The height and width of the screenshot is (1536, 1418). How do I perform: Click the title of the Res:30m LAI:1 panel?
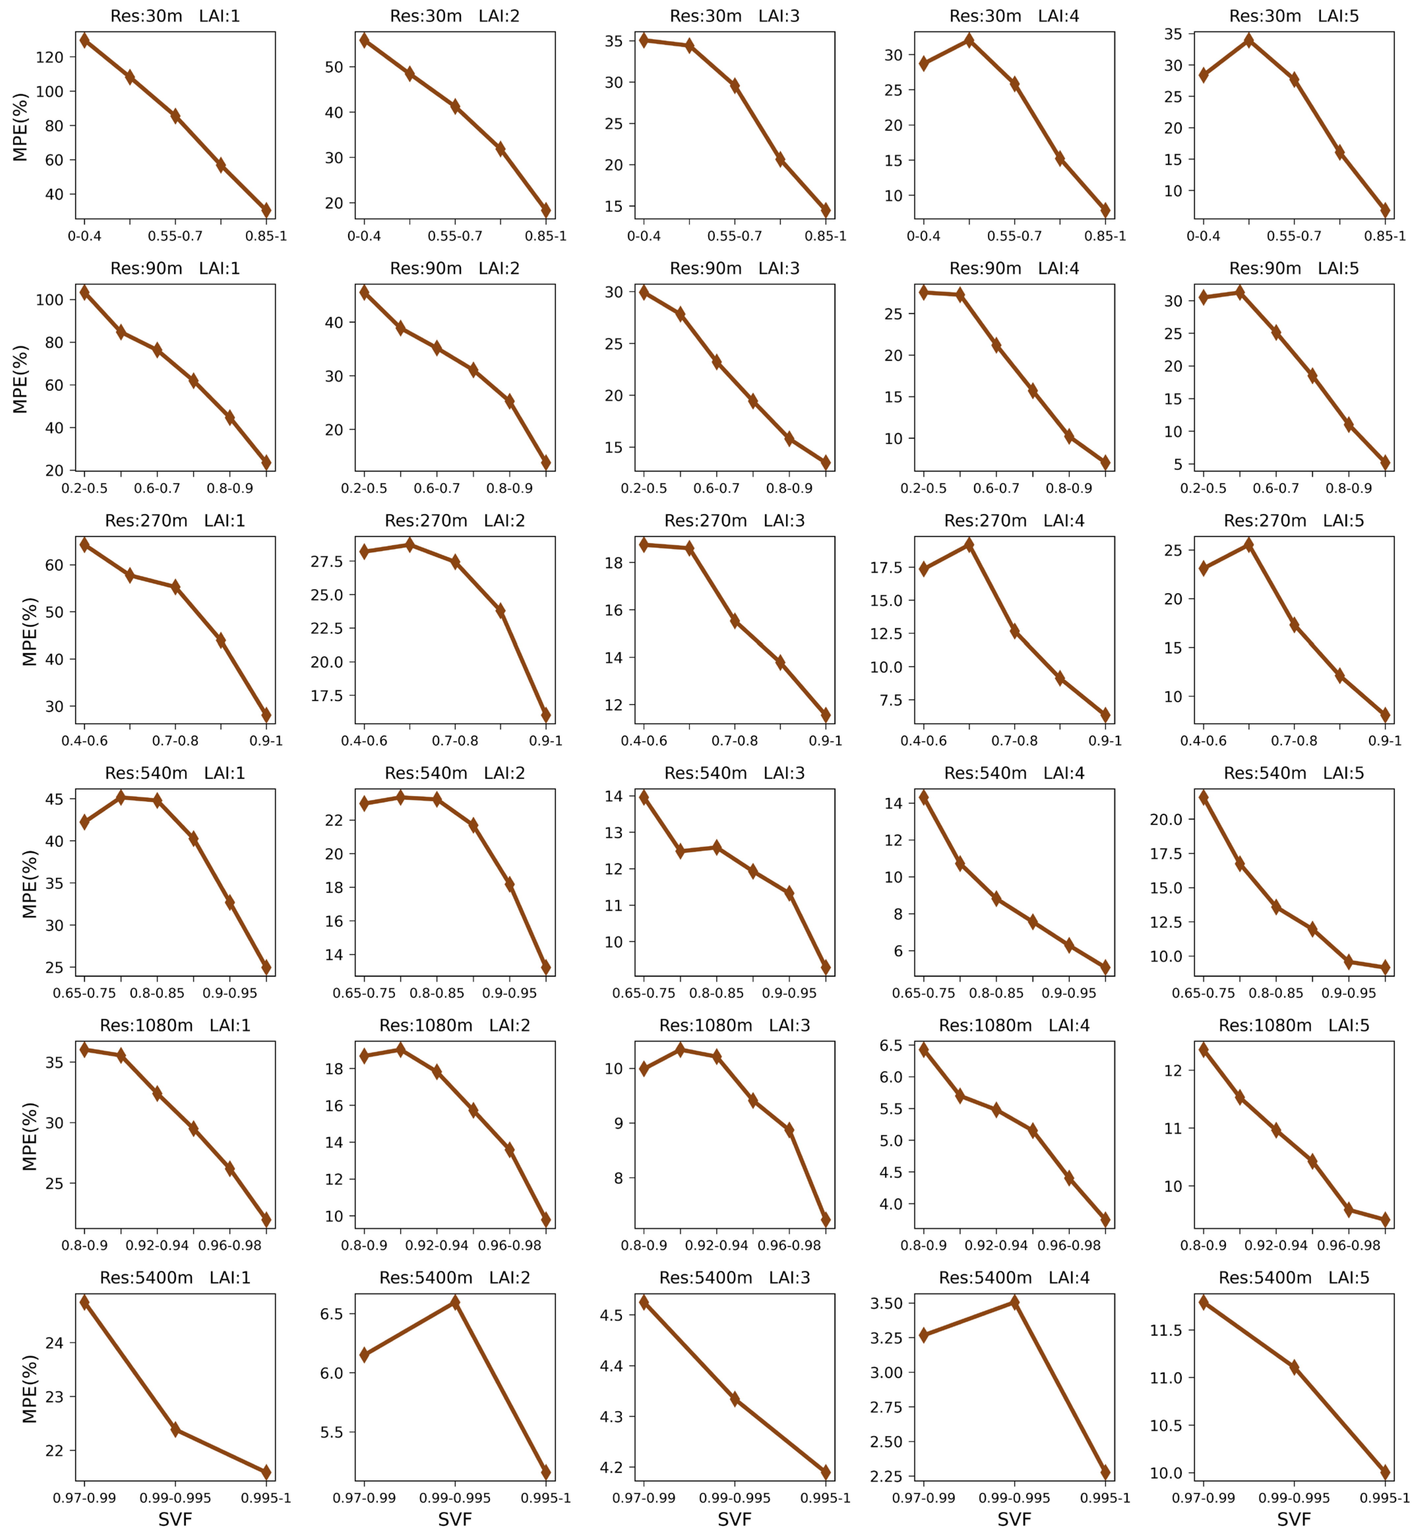[x=175, y=16]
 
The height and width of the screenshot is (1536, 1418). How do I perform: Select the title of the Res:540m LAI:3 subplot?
[x=734, y=773]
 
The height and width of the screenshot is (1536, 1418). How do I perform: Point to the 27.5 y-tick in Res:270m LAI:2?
[x=327, y=562]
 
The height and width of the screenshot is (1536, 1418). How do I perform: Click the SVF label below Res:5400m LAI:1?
[x=175, y=1519]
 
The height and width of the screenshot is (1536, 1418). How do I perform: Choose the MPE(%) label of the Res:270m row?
[x=29, y=631]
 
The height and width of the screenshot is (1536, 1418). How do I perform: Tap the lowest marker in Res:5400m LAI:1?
[x=266, y=1472]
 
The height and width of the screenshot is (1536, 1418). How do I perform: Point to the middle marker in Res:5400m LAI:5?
[x=1294, y=1367]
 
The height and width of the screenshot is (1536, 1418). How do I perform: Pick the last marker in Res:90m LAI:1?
[x=266, y=462]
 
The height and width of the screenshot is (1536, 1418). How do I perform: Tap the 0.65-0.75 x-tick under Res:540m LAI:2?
[x=364, y=993]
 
